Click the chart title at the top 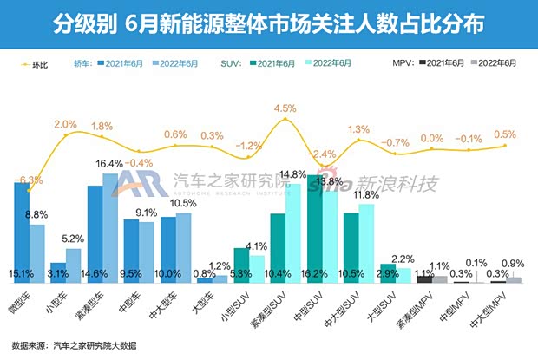click(x=268, y=21)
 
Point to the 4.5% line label click(x=285, y=108)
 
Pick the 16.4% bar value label click(x=108, y=164)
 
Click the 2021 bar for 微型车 click(x=22, y=232)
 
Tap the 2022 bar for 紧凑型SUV click(x=293, y=232)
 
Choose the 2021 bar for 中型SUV click(x=314, y=227)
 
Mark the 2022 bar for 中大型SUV click(x=367, y=243)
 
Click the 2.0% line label click(x=66, y=124)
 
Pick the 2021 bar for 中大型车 click(x=168, y=249)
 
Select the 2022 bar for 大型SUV click(x=403, y=274)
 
